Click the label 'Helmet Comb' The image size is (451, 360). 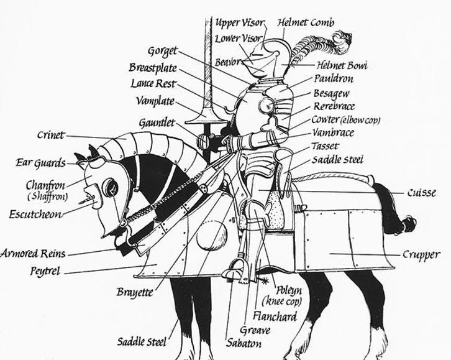click(306, 23)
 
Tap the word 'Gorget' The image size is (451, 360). click(163, 51)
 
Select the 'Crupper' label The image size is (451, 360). click(421, 254)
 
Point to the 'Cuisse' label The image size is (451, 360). click(422, 193)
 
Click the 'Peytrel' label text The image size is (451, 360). click(45, 272)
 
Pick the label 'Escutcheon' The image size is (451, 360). click(34, 214)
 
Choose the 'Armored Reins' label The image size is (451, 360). click(33, 254)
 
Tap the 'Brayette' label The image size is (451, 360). click(134, 292)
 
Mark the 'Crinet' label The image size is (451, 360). click(50, 135)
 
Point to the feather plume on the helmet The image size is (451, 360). click(317, 47)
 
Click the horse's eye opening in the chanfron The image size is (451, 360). click(110, 186)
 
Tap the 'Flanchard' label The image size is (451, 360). click(274, 317)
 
